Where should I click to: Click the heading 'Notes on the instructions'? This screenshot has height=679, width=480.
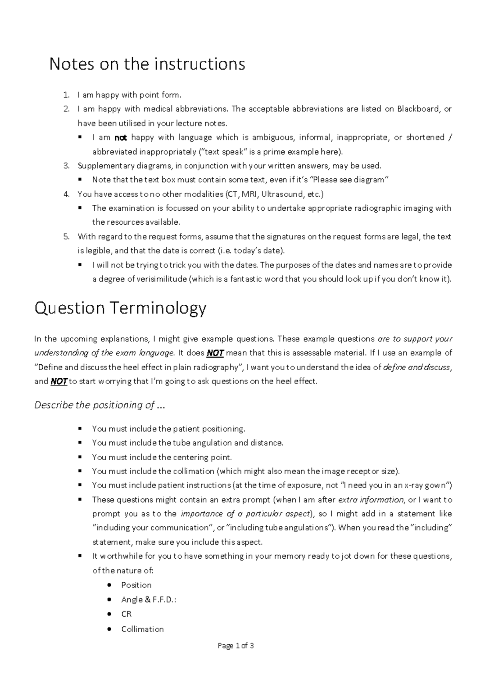tap(147, 64)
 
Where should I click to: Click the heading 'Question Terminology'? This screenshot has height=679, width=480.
tap(120, 308)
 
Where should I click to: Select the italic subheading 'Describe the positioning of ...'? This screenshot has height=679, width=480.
tap(100, 405)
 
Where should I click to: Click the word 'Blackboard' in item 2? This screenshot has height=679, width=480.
tap(418, 109)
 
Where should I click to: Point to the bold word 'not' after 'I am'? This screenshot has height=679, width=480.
tap(120, 138)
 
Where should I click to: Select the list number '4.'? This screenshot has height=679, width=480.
tap(67, 194)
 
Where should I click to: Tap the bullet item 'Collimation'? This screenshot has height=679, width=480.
tap(142, 629)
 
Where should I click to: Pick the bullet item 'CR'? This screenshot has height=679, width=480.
tap(126, 614)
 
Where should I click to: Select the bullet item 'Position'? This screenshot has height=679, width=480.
tap(136, 585)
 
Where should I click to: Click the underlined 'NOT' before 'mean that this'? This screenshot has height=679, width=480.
tap(215, 353)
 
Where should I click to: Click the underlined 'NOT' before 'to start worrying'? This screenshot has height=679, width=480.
tap(59, 381)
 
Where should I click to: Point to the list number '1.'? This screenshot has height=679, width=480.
tap(67, 95)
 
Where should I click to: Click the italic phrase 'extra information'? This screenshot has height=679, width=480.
tap(371, 499)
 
